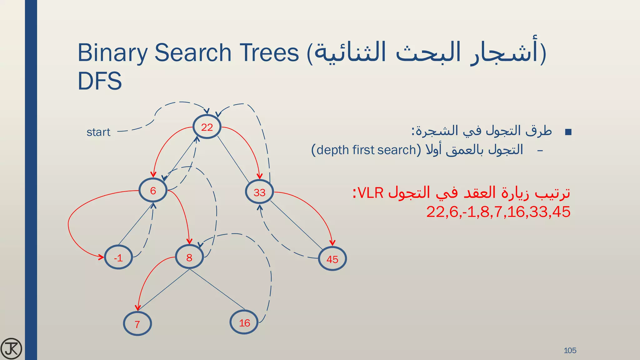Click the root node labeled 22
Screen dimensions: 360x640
[x=207, y=127]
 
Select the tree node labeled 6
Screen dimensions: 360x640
[x=153, y=191]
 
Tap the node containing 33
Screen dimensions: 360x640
[x=259, y=192]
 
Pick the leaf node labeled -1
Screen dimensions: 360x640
[x=118, y=258]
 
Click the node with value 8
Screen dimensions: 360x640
[x=189, y=257]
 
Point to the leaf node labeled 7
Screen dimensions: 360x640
[x=137, y=324]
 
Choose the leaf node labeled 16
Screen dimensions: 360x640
[x=244, y=322]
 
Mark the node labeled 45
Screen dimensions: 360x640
[x=332, y=259]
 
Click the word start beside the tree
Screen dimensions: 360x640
[x=98, y=132]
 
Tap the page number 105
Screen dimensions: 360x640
[x=570, y=350]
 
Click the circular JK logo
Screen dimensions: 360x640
[x=11, y=348]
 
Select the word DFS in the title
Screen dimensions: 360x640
[x=100, y=81]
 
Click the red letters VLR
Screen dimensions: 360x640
[x=370, y=193]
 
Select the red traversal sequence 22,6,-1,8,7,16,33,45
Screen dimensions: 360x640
[x=498, y=212]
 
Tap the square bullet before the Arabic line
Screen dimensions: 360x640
[x=568, y=132]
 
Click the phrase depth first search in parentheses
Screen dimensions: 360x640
[x=366, y=150]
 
